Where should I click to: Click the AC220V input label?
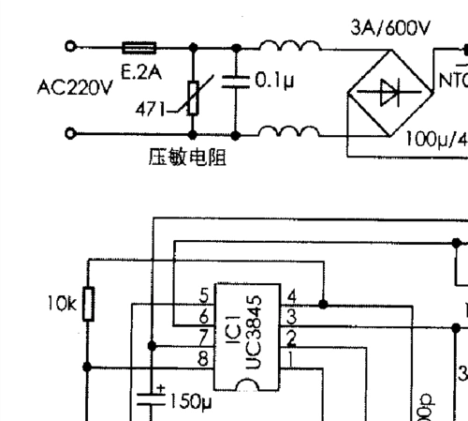(74, 88)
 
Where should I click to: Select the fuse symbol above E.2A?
(140, 46)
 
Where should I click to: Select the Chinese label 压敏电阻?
(187, 156)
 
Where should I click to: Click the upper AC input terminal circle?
(70, 46)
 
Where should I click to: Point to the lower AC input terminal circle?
(70, 134)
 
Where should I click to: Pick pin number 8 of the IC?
(203, 358)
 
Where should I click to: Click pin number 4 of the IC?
(292, 295)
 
